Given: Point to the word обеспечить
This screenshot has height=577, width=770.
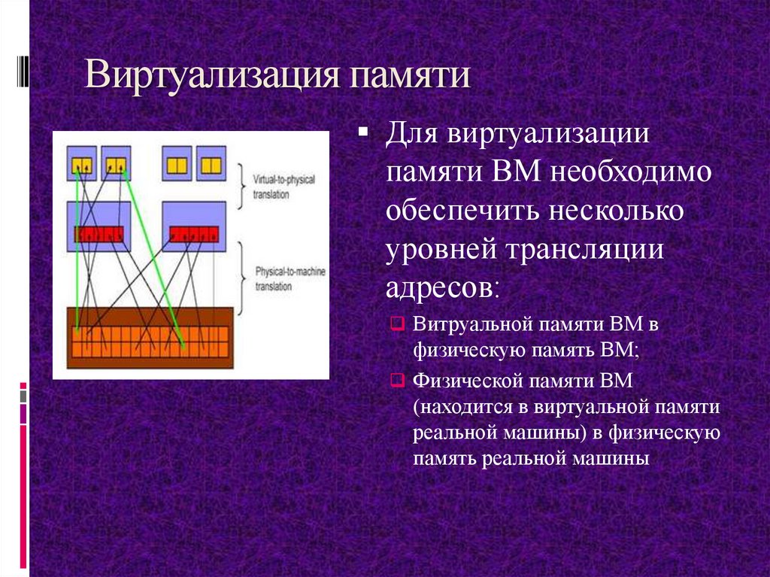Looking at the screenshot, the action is click(459, 211).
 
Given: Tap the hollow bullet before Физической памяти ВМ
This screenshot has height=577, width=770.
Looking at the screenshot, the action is click(398, 381).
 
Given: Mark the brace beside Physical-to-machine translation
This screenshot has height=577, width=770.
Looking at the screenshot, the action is click(242, 276).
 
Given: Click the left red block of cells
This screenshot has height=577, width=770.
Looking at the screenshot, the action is click(99, 234).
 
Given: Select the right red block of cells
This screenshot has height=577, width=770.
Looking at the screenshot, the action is click(193, 234).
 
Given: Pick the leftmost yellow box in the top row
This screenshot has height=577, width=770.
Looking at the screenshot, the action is click(81, 164).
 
